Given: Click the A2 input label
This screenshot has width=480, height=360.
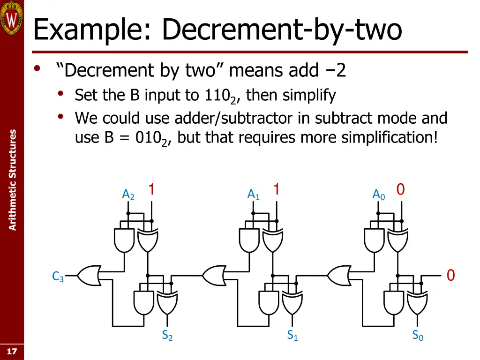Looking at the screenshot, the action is click(x=128, y=195).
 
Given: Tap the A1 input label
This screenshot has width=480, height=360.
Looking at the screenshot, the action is click(x=254, y=195).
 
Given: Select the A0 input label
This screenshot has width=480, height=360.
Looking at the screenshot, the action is click(x=379, y=195).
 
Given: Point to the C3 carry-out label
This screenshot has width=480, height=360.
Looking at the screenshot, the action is click(x=58, y=276).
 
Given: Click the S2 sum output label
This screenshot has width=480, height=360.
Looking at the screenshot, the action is click(x=167, y=336).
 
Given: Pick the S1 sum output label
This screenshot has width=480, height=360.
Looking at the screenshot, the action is click(x=292, y=336).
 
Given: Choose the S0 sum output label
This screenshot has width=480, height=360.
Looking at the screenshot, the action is click(x=418, y=336).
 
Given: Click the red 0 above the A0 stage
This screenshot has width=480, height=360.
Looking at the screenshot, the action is click(x=400, y=189).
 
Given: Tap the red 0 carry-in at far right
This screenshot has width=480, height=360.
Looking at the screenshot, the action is click(x=450, y=275).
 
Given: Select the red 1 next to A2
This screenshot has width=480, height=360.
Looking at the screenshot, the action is click(x=151, y=189).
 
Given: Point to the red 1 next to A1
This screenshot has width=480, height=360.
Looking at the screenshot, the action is click(x=277, y=189).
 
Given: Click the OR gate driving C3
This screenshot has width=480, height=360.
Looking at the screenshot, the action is click(x=89, y=276).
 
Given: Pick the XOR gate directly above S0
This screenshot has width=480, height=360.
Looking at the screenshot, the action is click(x=417, y=303).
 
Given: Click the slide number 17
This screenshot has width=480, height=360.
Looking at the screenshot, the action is click(x=12, y=352).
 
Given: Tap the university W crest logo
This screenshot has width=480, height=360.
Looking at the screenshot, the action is click(x=12, y=18).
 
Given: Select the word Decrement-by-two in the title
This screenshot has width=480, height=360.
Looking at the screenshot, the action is click(x=282, y=30).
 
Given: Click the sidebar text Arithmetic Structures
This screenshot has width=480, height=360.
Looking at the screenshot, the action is click(x=12, y=180).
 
